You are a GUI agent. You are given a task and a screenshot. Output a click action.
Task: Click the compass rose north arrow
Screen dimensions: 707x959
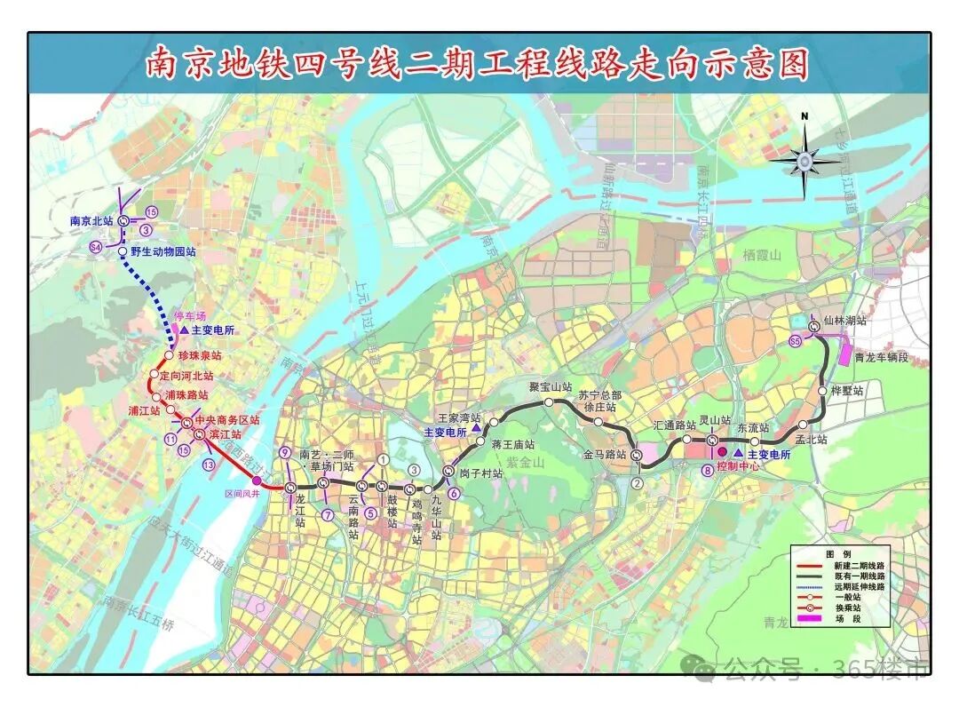tap(804, 160)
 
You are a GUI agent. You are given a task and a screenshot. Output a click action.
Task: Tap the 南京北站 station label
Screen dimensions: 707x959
tap(92, 220)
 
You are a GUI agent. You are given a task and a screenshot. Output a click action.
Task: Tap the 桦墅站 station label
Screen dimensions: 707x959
tap(846, 390)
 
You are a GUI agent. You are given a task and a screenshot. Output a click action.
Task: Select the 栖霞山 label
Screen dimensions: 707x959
tap(761, 255)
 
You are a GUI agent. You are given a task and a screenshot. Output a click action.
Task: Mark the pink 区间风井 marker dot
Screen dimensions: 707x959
tap(257, 481)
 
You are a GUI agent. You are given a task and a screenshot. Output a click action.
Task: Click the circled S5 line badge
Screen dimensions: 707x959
tap(796, 341)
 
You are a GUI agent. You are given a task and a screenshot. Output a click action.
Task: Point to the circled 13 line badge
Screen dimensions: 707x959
tap(208, 464)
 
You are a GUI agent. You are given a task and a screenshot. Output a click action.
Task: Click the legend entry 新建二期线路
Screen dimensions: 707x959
tap(858, 566)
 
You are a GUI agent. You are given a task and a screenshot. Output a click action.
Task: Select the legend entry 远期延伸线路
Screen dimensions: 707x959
tap(858, 587)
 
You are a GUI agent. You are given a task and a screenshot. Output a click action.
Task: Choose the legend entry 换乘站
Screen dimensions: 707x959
tap(847, 608)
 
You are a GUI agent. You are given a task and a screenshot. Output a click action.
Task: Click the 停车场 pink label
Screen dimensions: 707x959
tap(189, 316)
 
